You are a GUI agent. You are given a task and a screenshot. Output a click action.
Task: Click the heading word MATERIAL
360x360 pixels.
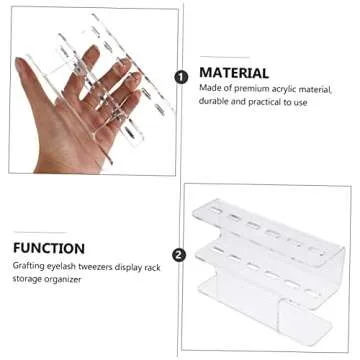click(234, 73)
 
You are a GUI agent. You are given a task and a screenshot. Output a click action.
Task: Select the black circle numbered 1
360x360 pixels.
click(180, 76)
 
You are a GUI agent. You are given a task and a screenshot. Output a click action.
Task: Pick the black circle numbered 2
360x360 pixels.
click(180, 254)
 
